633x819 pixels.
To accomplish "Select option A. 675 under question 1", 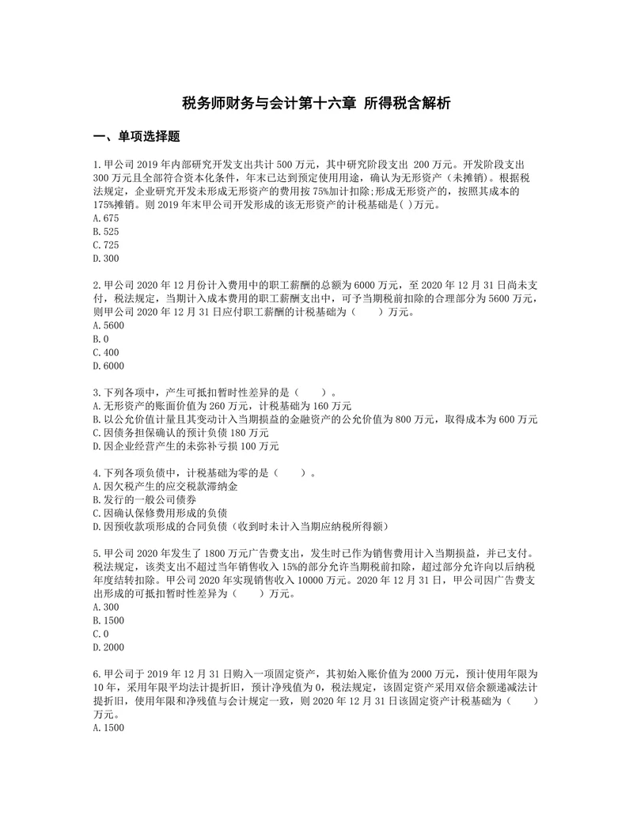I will click(x=105, y=218).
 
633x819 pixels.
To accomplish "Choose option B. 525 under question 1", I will click(x=105, y=231).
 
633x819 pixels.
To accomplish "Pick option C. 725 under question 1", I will click(x=105, y=245).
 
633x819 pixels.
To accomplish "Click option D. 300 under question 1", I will click(x=105, y=258).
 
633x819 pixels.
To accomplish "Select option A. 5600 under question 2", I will click(x=108, y=325).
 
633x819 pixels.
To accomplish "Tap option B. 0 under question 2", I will click(x=100, y=339).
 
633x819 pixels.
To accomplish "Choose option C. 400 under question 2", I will click(x=105, y=352).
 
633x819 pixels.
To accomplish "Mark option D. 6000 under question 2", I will click(x=108, y=366).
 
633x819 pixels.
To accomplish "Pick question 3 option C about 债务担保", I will click(x=180, y=433).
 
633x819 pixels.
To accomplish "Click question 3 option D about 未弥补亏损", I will click(x=186, y=446).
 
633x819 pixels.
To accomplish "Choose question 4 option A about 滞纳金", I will click(x=165, y=487).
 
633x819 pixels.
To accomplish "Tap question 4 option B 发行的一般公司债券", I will click(x=145, y=500).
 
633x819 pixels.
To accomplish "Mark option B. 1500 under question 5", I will click(x=108, y=621).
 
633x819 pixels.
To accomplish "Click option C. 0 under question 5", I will click(x=100, y=635).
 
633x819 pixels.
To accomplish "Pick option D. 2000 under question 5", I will click(x=108, y=648).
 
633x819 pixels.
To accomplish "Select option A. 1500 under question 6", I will click(x=108, y=729).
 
